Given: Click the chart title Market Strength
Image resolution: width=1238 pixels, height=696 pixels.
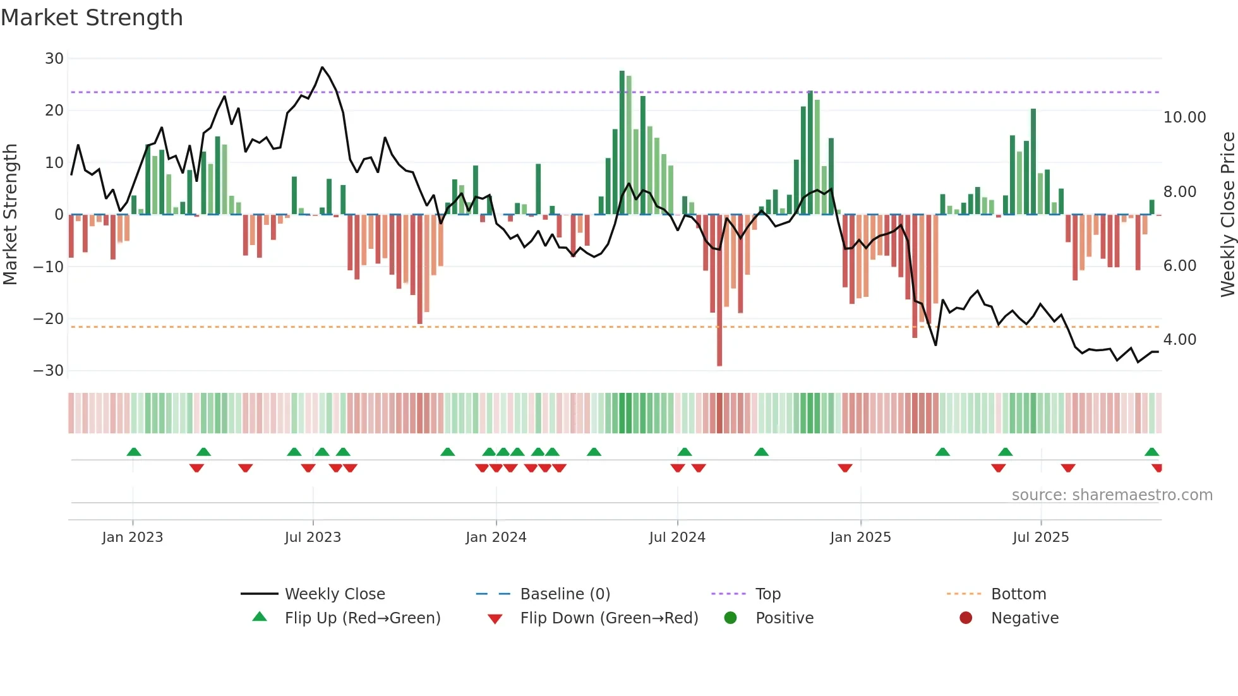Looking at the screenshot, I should pos(92,18).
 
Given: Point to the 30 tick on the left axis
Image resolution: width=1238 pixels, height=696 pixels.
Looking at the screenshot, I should pos(54,59).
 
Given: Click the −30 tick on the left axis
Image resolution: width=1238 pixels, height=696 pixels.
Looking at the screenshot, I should pos(49,371).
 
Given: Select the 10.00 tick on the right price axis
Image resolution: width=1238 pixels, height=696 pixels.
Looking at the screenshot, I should pos(1184,117).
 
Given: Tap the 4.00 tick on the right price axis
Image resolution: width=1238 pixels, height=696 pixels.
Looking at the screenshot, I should pos(1179,340).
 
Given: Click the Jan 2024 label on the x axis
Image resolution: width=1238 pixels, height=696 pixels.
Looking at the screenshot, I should pos(496,537).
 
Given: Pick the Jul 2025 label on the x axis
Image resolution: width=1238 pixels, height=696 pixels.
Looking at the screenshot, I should pos(1040,537).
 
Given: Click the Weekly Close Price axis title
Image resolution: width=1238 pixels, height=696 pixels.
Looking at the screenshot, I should pos(1227,215).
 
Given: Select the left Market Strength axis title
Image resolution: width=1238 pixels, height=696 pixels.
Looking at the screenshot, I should pos(10,215).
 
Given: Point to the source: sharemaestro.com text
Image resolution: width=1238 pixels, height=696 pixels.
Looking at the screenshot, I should pos(1112,495).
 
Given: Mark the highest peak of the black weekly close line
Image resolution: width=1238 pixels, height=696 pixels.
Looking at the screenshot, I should pos(322,67).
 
